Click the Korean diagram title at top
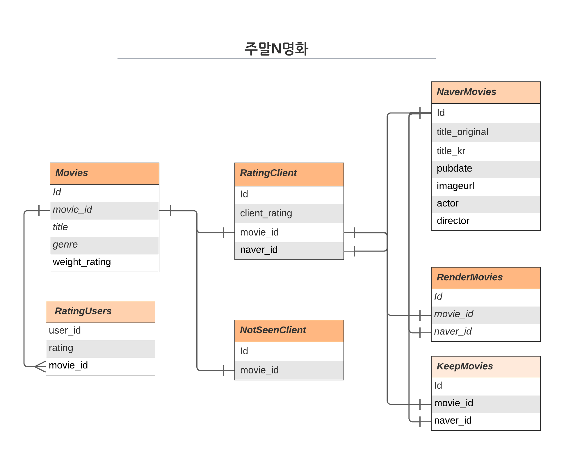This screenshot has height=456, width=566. tap(276, 49)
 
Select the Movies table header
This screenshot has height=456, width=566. tap(104, 173)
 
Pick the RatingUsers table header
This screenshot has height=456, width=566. tap(100, 311)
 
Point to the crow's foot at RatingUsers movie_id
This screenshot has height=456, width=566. tap(40, 366)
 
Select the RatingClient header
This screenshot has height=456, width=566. tap(289, 174)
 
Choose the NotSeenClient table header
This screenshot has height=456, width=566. tap(289, 330)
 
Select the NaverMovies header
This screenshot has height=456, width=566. tap(485, 92)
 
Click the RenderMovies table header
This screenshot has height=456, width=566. tap(485, 277)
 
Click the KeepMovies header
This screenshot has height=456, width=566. tap(485, 366)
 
